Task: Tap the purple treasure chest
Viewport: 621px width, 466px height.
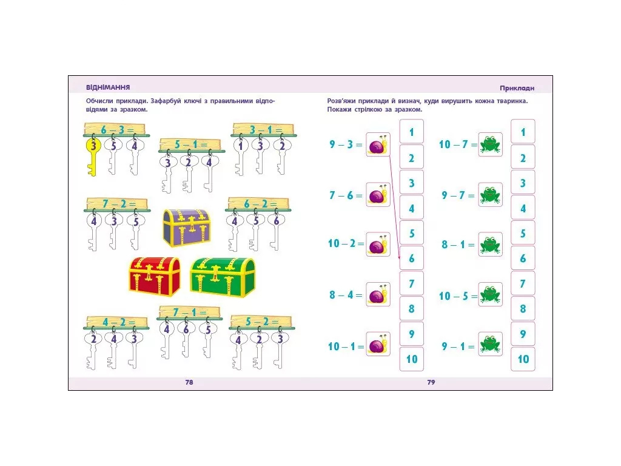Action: pyautogui.click(x=187, y=228)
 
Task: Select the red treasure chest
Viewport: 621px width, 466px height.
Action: pyautogui.click(x=155, y=276)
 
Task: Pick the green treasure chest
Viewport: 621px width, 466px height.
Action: pyautogui.click(x=223, y=276)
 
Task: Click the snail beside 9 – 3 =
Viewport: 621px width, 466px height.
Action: pyautogui.click(x=378, y=144)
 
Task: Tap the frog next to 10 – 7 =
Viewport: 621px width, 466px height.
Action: pyautogui.click(x=490, y=144)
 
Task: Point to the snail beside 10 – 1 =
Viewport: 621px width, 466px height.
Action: pyautogui.click(x=378, y=344)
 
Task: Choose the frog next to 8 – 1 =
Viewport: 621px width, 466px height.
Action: pyautogui.click(x=490, y=245)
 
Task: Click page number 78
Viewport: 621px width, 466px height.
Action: pyautogui.click(x=189, y=382)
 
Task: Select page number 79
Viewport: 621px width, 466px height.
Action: pyautogui.click(x=431, y=382)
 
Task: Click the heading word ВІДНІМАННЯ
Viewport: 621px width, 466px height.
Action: pyautogui.click(x=108, y=87)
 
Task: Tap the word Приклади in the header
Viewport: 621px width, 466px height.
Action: pyautogui.click(x=517, y=89)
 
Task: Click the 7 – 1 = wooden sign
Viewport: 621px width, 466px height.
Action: pyautogui.click(x=190, y=312)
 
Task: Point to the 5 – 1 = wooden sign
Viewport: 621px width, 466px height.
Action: pyautogui.click(x=190, y=145)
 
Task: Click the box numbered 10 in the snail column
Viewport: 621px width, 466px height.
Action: pyautogui.click(x=412, y=359)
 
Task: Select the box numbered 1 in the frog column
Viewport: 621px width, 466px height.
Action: pyautogui.click(x=523, y=132)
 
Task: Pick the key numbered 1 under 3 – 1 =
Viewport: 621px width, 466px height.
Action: pyautogui.click(x=240, y=157)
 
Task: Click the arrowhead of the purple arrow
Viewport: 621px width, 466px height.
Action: pyautogui.click(x=399, y=257)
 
